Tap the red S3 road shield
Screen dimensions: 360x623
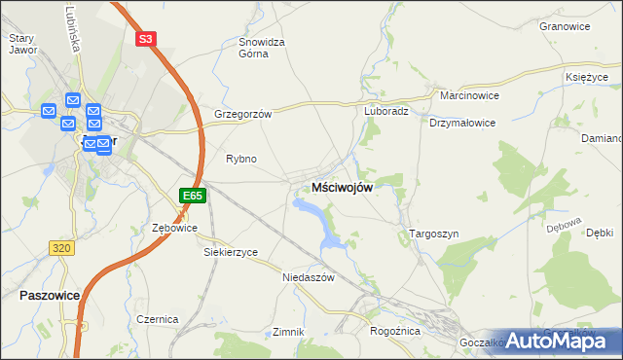pyautogui.click(x=145, y=39)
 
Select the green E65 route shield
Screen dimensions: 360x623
pyautogui.click(x=193, y=196)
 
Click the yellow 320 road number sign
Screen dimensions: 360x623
pyautogui.click(x=61, y=248)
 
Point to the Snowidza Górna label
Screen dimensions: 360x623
pyautogui.click(x=261, y=48)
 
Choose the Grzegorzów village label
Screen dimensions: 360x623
pyautogui.click(x=242, y=114)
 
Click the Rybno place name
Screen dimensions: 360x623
pyautogui.click(x=240, y=159)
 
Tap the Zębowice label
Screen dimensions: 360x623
pyautogui.click(x=175, y=228)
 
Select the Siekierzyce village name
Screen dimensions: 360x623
pyautogui.click(x=231, y=252)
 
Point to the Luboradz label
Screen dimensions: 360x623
pyautogui.click(x=385, y=111)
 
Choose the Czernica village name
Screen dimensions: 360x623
pyautogui.click(x=157, y=319)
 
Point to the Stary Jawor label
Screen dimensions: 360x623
pyautogui.click(x=21, y=44)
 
